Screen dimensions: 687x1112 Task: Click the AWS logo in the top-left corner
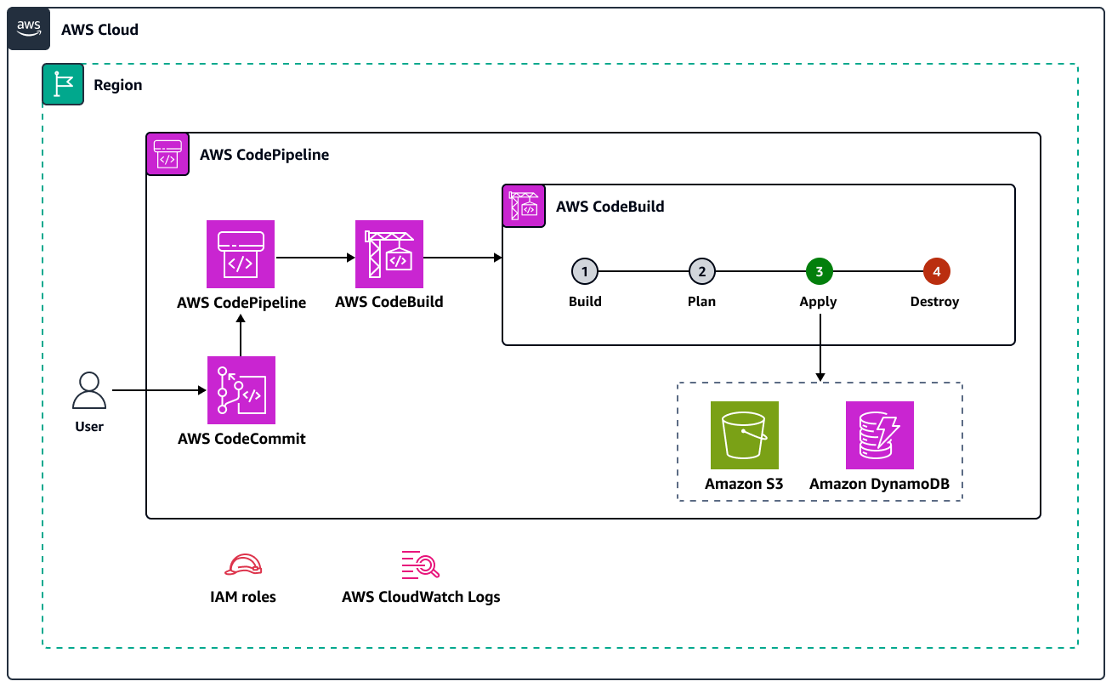pos(29,29)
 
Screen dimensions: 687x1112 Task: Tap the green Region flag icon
pos(63,84)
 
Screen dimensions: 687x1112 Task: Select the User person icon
pos(89,391)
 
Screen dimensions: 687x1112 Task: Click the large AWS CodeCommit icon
pos(241,390)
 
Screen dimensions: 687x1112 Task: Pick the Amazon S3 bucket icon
pos(744,435)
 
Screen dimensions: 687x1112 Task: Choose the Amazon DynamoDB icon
pos(879,435)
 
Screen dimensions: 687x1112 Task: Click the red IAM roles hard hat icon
pos(243,565)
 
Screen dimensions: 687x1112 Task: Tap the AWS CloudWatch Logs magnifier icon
pos(420,565)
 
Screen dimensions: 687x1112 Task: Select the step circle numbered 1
pos(585,272)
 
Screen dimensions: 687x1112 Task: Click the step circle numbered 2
pos(702,272)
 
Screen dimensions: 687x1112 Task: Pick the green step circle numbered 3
pos(819,272)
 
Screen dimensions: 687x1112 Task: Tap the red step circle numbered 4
pos(936,272)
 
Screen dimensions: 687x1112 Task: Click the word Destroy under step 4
pos(934,302)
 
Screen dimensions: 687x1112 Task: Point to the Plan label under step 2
pos(701,302)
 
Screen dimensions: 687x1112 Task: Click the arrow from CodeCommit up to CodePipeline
pos(241,335)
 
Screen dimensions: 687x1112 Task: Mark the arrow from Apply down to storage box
pos(820,348)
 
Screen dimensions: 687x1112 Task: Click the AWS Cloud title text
pos(99,30)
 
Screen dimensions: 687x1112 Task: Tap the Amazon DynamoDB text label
pos(879,485)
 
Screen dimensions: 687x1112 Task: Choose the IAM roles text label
pos(243,597)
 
